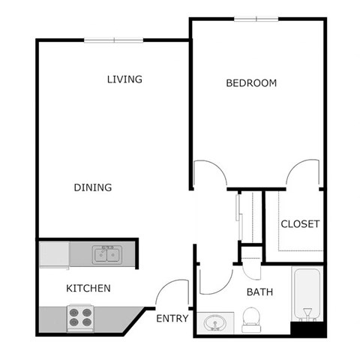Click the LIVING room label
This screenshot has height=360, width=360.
click(x=124, y=79)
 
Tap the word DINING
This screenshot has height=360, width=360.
click(x=93, y=187)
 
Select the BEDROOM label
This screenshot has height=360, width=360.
click(x=251, y=82)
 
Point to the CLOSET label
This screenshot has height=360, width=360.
click(x=300, y=223)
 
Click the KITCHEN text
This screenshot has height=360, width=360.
click(x=88, y=288)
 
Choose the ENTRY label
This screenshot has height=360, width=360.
click(x=172, y=319)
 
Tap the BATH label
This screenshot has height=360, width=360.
click(x=259, y=292)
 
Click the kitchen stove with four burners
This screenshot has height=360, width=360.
click(x=79, y=317)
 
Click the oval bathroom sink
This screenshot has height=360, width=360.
click(x=216, y=324)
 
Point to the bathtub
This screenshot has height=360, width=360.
click(x=307, y=295)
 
